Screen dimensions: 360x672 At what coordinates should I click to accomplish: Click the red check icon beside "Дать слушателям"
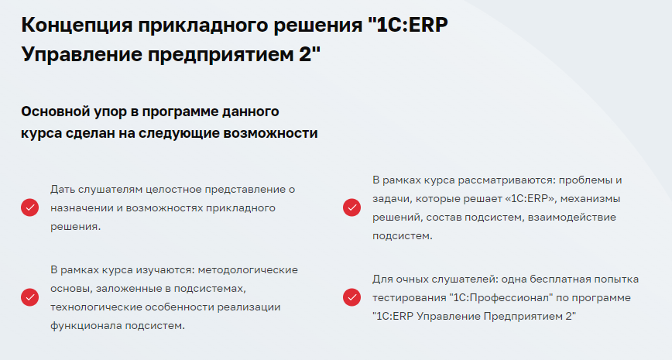(x=29, y=207)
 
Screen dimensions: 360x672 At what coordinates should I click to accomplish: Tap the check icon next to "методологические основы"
(x=29, y=297)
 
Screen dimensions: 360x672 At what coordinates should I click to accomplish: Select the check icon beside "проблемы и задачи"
(x=351, y=207)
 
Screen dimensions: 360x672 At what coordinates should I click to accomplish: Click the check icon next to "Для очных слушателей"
(x=351, y=297)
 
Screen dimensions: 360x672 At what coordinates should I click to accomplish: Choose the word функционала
(x=83, y=325)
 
